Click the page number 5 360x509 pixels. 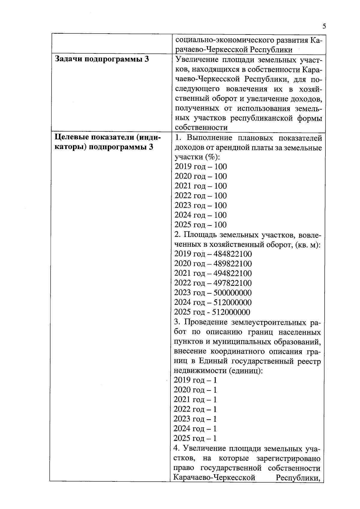pyautogui.click(x=324, y=26)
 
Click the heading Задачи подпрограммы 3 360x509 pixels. pyautogui.click(x=102, y=59)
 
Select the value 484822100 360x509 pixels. pyautogui.click(x=232, y=254)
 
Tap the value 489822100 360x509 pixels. pyautogui.click(x=232, y=264)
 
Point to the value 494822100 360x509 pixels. pyautogui.click(x=232, y=274)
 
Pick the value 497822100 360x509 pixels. pyautogui.click(x=232, y=283)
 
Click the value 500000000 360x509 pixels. pyautogui.click(x=232, y=293)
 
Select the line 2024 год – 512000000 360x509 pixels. pyautogui.click(x=213, y=302)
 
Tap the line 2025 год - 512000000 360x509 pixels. pyautogui.click(x=212, y=312)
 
